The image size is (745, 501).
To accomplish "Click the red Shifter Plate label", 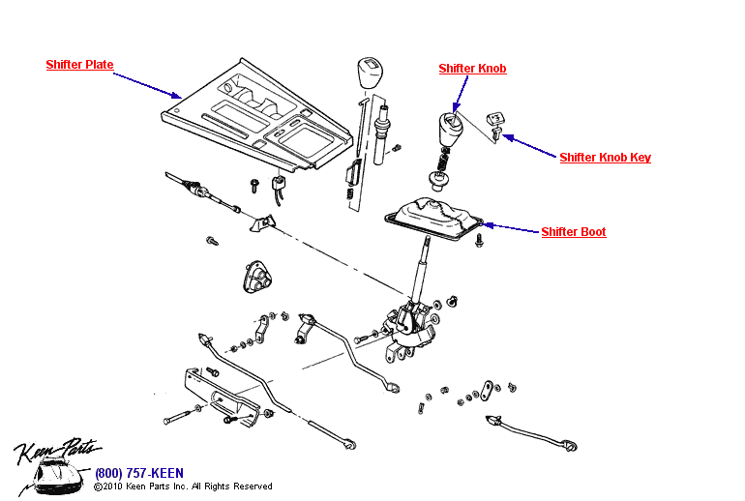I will coord(79,66).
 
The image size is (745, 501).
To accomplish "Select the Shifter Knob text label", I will coord(472,69).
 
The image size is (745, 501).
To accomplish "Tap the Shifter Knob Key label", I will coord(605,158).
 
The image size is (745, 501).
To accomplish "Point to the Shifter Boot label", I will coord(573,232).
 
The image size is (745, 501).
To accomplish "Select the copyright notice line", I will coord(183,486).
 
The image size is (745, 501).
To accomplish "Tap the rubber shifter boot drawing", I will coord(434,218).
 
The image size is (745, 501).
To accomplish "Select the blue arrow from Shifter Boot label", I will coord(509,228).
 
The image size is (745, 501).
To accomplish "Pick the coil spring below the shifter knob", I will coord(442,160).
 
